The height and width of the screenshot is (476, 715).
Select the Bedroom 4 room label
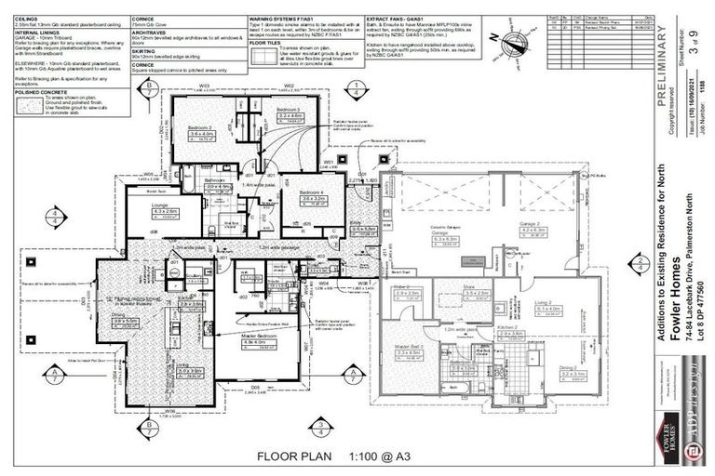click(x=313, y=192)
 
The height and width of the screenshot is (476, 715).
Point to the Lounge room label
click(x=161, y=205)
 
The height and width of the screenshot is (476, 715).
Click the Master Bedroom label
click(x=255, y=336)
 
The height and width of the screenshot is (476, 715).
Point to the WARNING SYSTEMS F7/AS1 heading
click(x=286, y=18)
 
